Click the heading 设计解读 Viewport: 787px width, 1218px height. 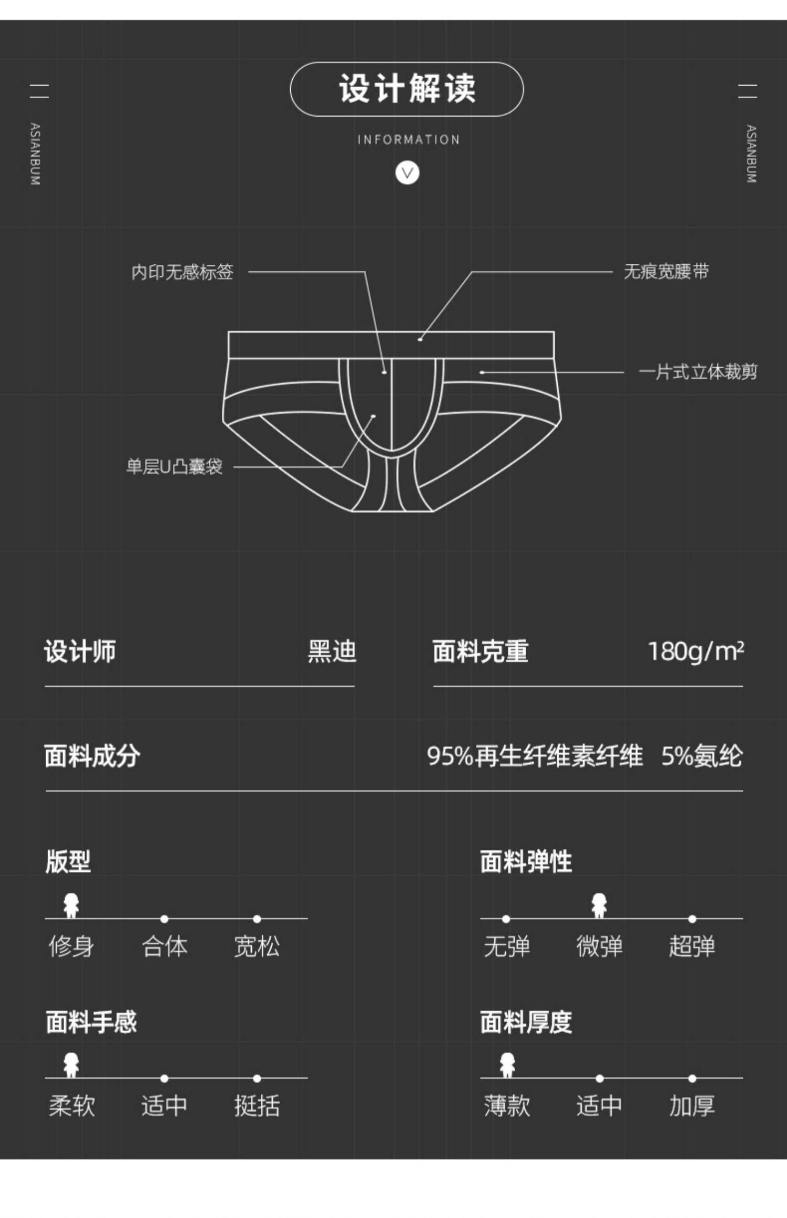click(x=407, y=89)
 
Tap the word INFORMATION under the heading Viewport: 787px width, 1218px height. click(x=408, y=140)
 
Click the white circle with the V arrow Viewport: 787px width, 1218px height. click(x=407, y=173)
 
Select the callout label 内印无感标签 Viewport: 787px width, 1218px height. click(x=182, y=272)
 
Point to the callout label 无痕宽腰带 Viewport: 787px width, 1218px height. click(x=666, y=272)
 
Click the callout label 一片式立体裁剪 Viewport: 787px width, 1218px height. click(x=697, y=372)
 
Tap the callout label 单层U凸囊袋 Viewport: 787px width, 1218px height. click(x=174, y=466)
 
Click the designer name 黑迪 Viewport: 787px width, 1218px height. click(x=332, y=651)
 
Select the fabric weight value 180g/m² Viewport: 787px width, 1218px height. click(x=696, y=651)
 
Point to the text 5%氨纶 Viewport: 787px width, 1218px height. click(x=701, y=756)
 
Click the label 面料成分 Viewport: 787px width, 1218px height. click(x=92, y=756)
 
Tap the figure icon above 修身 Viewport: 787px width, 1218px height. click(x=71, y=905)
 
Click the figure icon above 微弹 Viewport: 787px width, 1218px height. click(x=599, y=905)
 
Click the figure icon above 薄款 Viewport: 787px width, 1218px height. click(x=507, y=1065)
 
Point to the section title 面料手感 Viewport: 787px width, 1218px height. click(x=91, y=1022)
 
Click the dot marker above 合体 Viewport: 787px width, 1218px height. click(x=164, y=919)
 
